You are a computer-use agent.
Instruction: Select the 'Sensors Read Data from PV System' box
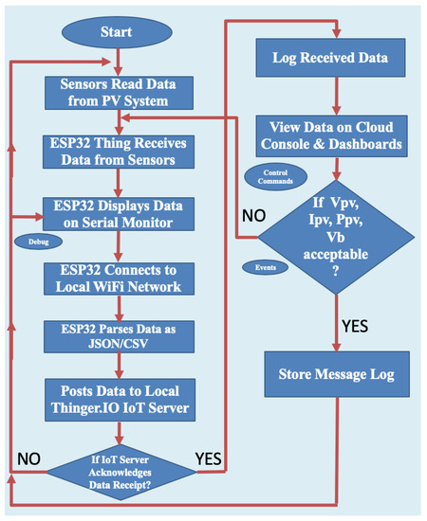[x=118, y=93]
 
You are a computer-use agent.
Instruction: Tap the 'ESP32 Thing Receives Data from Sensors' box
[x=118, y=153]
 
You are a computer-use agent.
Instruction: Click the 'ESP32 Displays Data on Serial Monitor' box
[x=118, y=213]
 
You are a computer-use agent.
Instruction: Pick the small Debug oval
[x=33, y=242]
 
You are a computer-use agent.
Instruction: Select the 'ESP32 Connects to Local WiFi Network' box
[x=118, y=277]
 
